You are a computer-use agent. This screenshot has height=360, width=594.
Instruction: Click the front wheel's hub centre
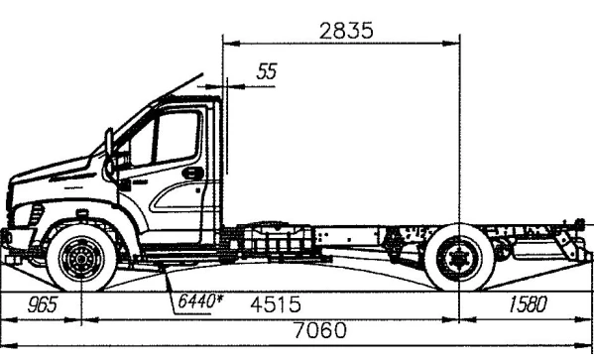coord(80,262)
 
